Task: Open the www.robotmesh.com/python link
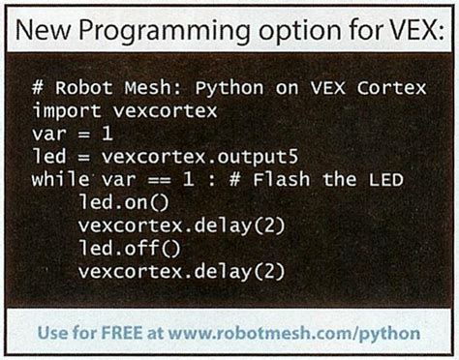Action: point(295,334)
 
